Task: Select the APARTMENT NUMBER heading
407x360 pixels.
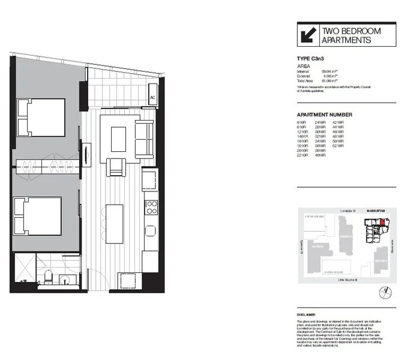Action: point(324,115)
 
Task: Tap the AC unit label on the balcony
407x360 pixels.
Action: point(152,98)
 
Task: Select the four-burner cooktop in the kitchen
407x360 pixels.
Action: point(150,208)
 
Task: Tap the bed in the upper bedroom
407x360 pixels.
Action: point(41,118)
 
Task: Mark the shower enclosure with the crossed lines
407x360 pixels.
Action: point(24,266)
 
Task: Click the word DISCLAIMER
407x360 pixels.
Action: point(307,313)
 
